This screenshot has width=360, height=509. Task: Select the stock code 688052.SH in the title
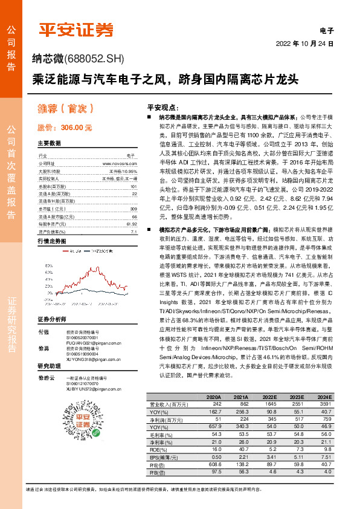[95, 59]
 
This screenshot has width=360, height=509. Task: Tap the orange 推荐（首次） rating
[63, 111]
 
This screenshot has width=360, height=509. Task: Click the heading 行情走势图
[52, 241]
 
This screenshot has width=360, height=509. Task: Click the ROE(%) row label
[159, 450]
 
